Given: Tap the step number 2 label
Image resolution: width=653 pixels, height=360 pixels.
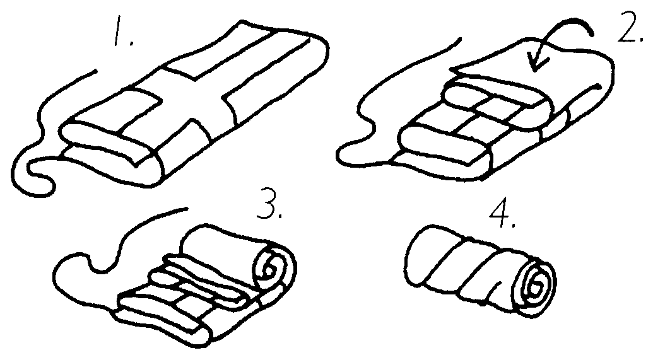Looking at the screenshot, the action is [x=630, y=26].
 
